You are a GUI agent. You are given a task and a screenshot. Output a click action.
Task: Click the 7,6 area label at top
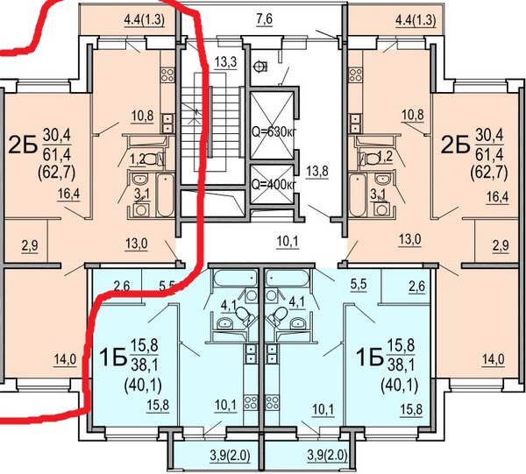pos(265,18)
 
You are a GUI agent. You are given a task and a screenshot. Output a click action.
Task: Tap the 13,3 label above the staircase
pos(226,62)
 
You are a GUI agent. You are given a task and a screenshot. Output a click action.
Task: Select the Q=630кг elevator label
pos(274,132)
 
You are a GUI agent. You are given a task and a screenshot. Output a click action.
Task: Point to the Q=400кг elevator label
pos(274,184)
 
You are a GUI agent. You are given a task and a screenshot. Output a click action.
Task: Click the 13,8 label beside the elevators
pos(317,172)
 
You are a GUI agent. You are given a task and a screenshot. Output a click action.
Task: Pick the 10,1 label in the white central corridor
pos(288,241)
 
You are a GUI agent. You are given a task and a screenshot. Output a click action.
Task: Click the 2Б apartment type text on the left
pos(23,145)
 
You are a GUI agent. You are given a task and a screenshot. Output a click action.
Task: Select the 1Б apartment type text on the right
pos(370,357)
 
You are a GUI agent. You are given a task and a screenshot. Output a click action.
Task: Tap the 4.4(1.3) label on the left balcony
pos(145,20)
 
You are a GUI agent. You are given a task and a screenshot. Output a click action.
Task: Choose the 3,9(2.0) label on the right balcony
pos(327,456)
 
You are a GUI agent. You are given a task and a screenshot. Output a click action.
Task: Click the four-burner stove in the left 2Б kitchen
pos(167,75)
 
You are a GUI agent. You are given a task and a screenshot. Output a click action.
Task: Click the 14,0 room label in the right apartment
pos(493,359)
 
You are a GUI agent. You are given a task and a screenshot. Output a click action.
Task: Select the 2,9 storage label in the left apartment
pos(30,245)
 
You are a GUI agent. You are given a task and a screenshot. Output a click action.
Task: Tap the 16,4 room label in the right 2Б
pos(497,197)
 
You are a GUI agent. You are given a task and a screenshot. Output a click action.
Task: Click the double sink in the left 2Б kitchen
pos(167,123)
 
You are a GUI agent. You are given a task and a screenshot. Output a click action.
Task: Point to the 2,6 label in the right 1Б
pos(416,286)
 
